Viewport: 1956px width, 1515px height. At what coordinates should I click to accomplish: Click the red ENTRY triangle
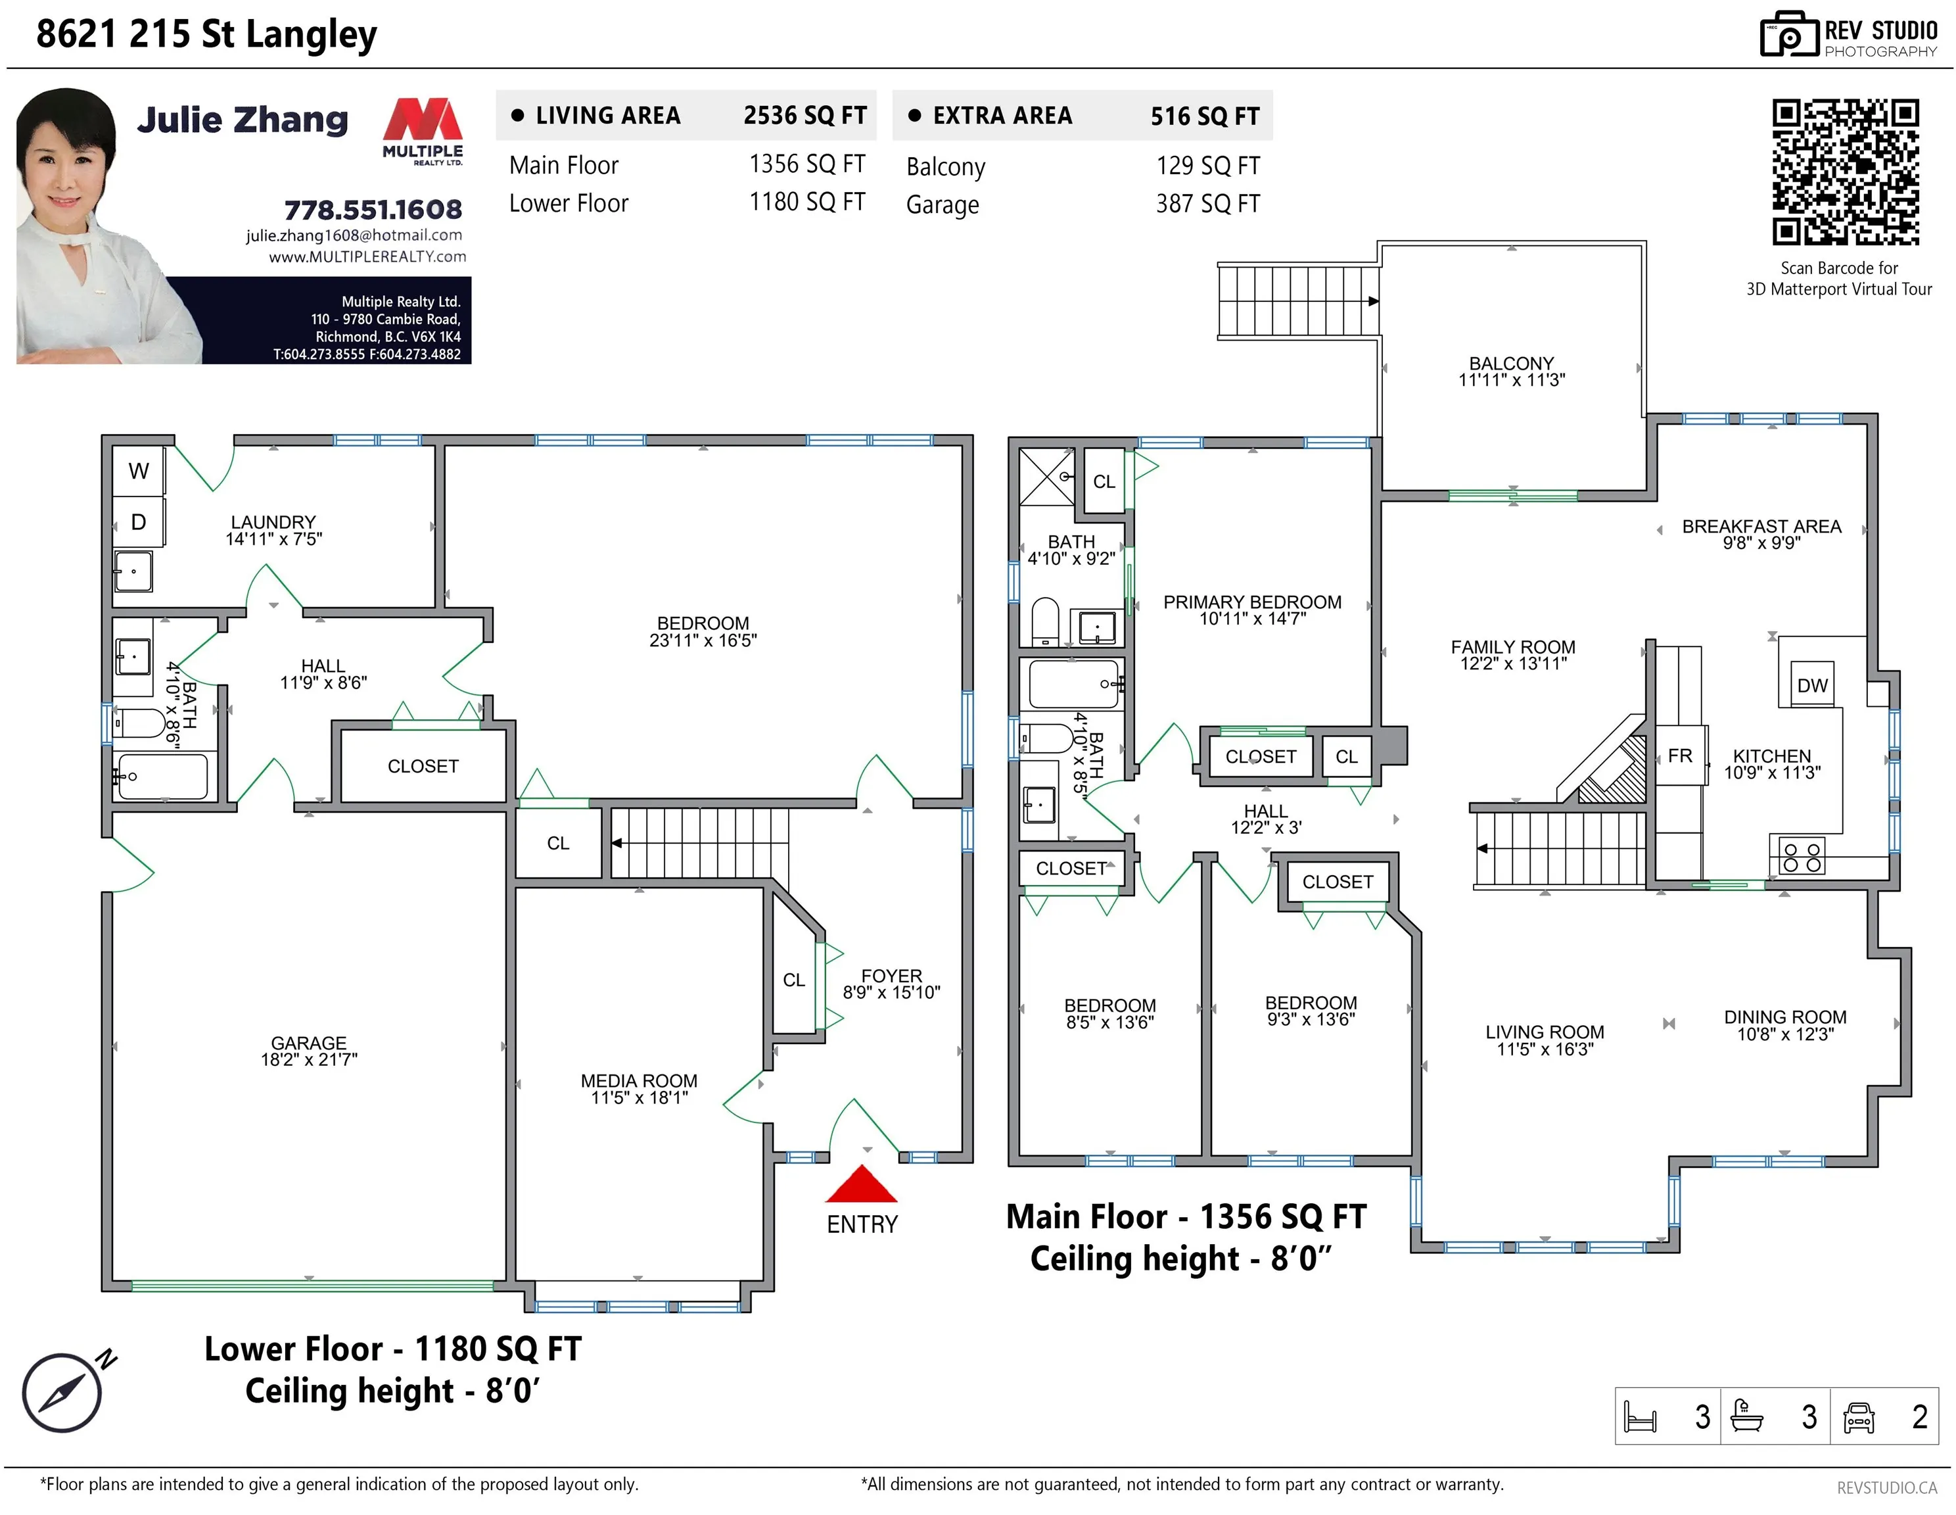coord(860,1186)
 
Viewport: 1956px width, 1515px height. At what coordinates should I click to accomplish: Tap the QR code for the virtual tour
coord(1845,172)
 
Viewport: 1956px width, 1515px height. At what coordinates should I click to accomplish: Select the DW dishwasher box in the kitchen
coord(1812,685)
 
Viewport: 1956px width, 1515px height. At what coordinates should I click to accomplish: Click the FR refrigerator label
coord(1680,756)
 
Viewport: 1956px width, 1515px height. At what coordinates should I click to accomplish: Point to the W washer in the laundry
coord(139,470)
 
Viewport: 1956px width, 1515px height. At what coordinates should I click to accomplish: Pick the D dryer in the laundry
coord(139,521)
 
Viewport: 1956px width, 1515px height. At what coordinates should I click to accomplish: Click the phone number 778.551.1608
coord(373,210)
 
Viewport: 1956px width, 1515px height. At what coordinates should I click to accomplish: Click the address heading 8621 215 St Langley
coord(207,34)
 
